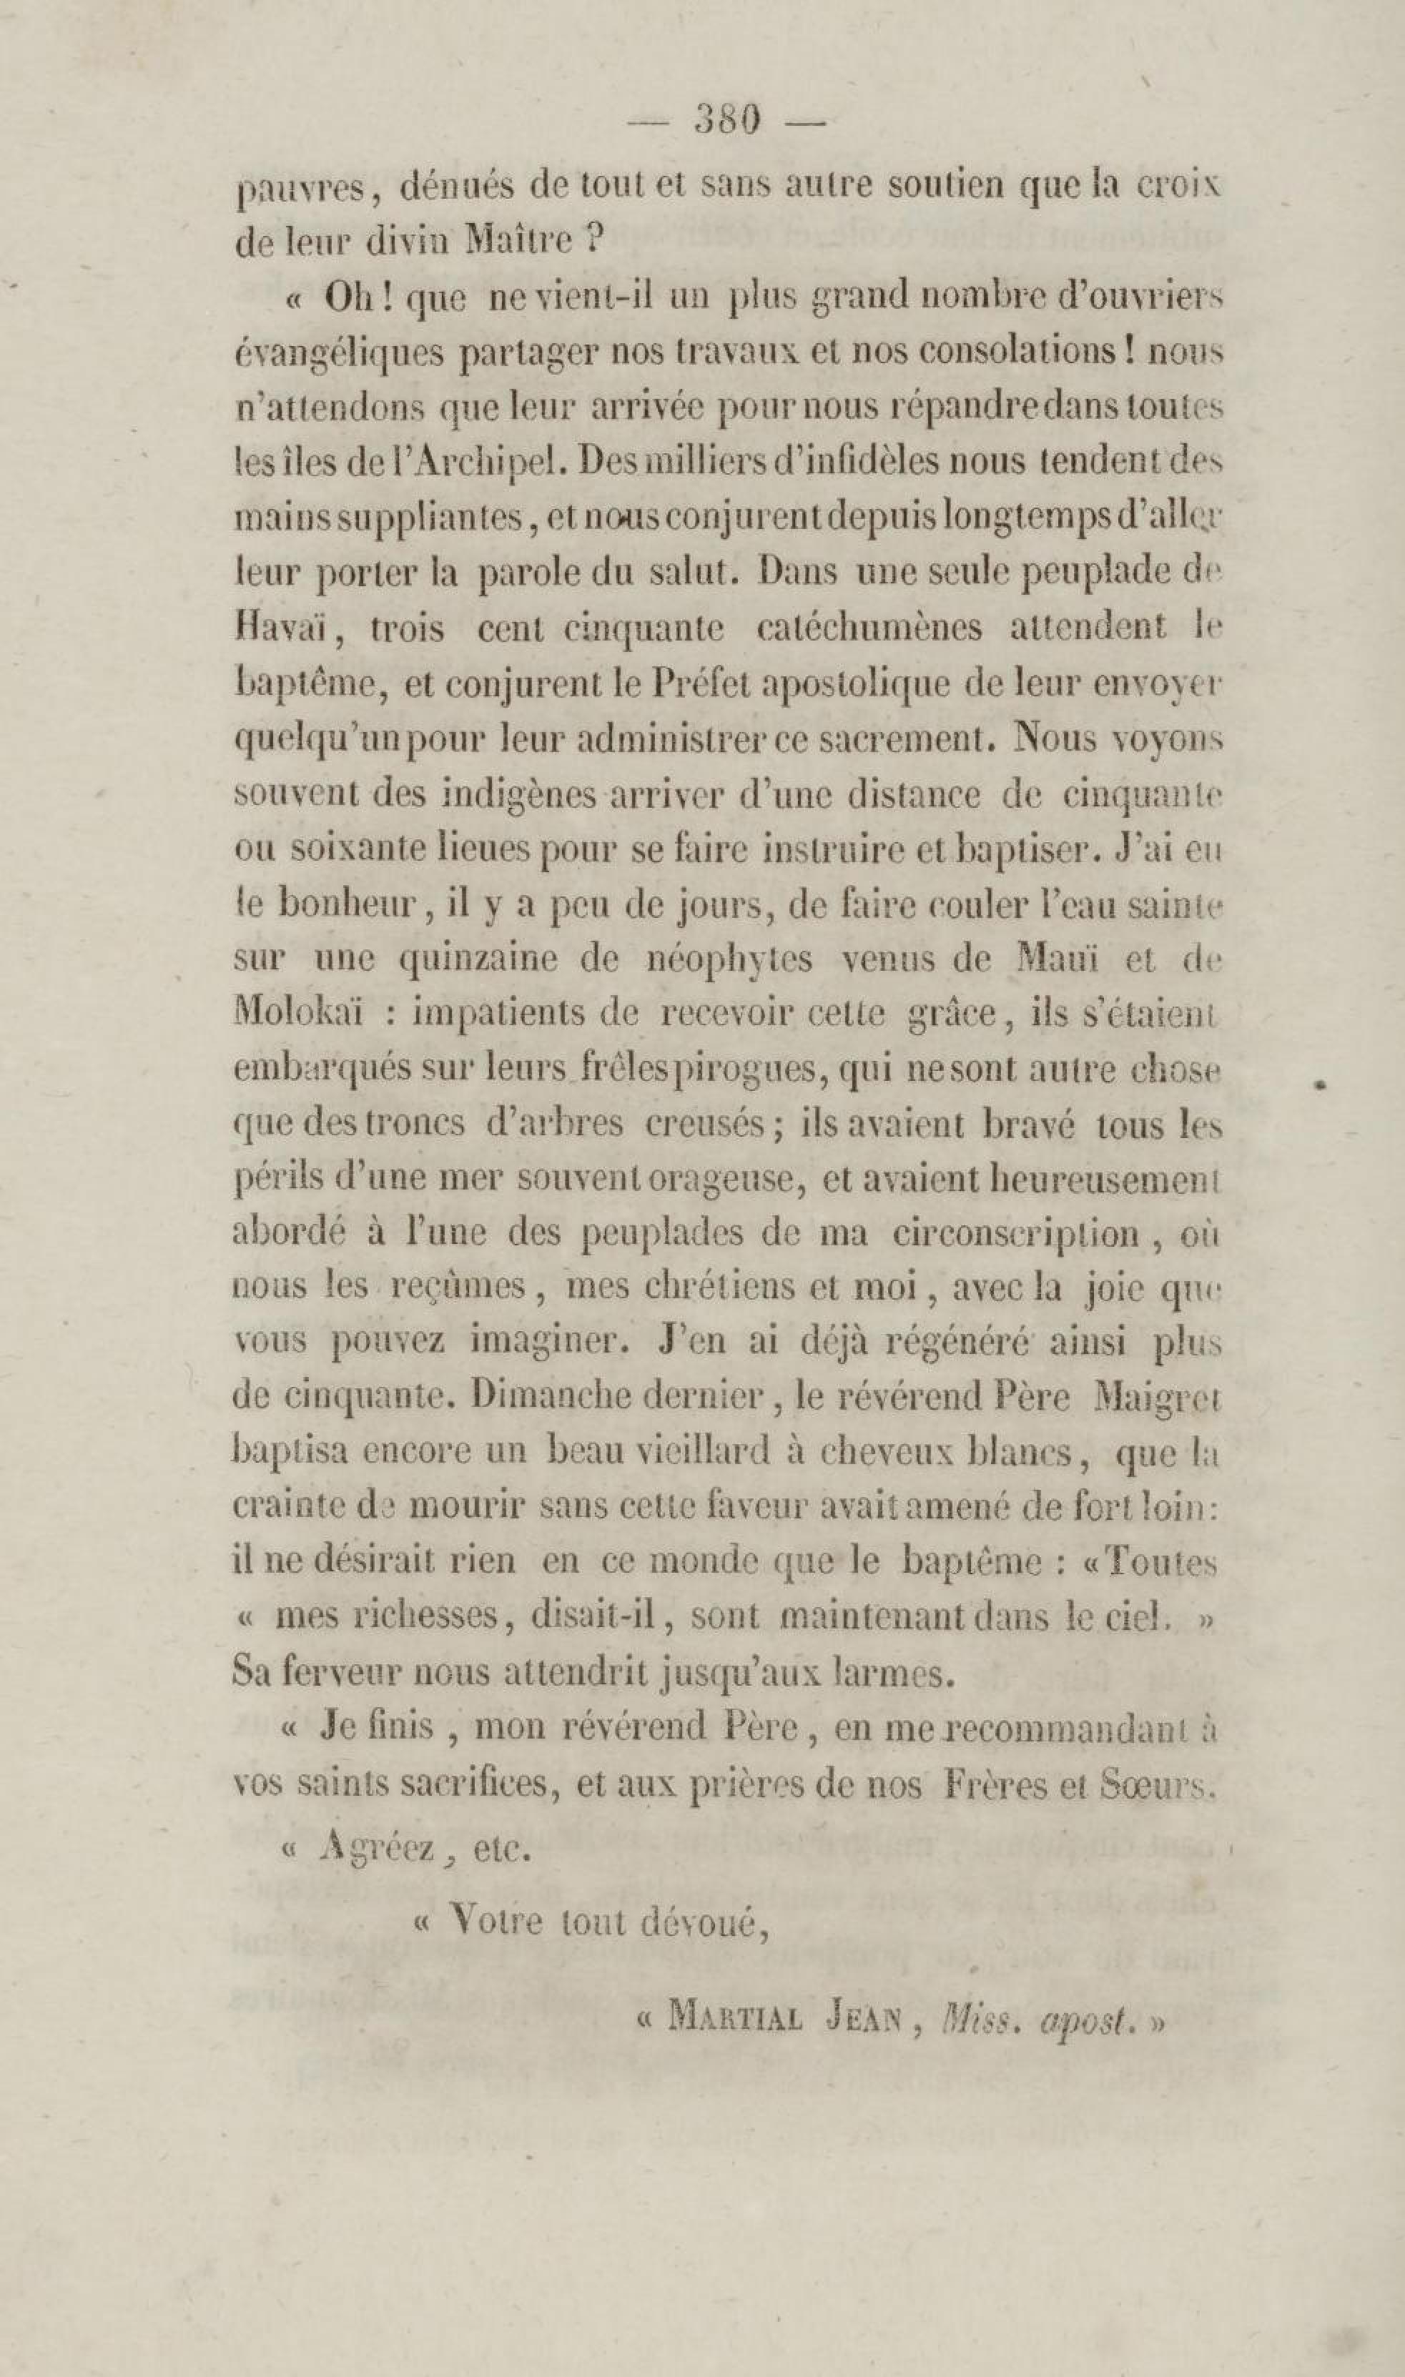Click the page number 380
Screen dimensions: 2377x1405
[727, 119]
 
